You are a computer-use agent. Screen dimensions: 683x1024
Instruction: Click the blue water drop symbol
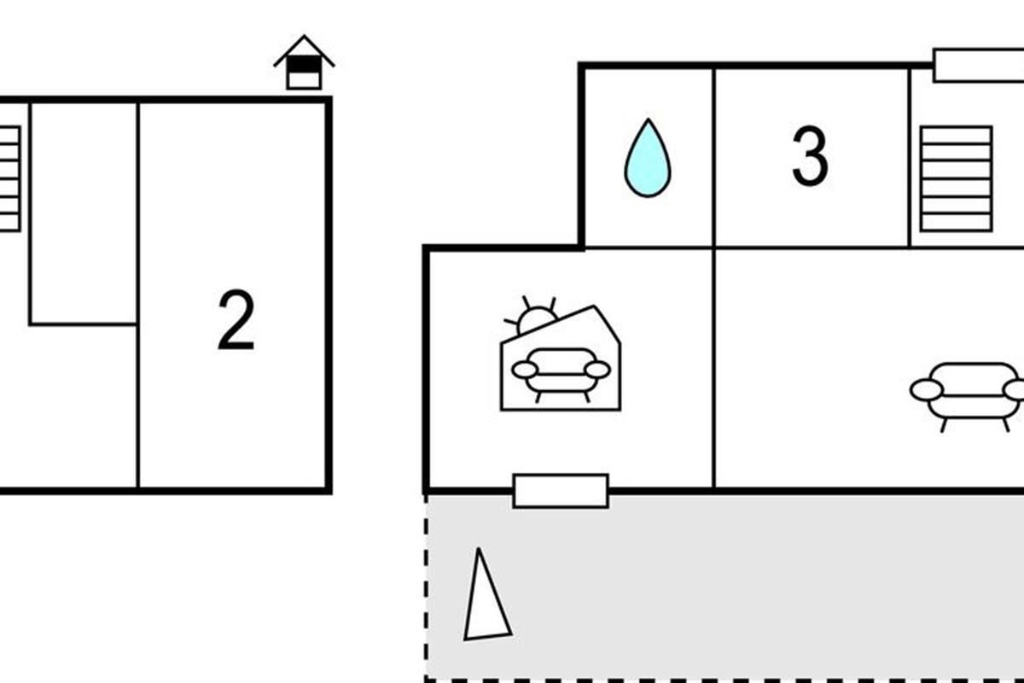pos(648,160)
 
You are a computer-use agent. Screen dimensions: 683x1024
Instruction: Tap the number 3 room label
pos(810,157)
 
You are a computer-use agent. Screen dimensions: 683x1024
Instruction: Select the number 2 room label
pos(236,320)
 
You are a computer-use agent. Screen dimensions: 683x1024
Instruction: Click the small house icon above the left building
pos(304,63)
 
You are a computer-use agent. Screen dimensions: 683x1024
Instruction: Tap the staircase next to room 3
pos(956,178)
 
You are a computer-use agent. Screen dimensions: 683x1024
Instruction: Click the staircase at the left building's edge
pos(9,178)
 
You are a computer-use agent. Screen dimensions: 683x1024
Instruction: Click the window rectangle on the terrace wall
pos(561,491)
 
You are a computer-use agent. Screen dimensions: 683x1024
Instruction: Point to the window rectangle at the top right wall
pos(978,66)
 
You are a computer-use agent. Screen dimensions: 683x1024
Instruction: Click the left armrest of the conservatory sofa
pos(524,370)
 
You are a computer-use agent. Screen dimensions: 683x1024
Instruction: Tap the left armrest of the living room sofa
pos(926,390)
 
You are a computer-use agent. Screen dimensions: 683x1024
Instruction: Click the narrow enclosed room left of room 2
pos(84,213)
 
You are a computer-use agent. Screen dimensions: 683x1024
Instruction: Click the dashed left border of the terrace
pos(426,589)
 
